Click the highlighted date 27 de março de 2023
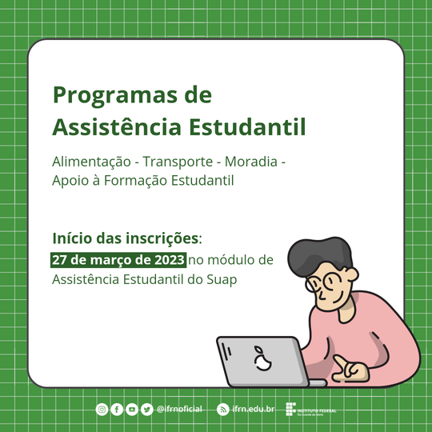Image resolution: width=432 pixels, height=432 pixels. [118, 260]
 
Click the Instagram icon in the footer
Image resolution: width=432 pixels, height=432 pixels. [102, 410]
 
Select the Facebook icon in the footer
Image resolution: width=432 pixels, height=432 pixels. [117, 410]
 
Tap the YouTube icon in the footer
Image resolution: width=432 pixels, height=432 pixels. [132, 410]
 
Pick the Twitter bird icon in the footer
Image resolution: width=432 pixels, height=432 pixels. [147, 410]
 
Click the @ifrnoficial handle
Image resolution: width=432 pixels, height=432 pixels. [179, 410]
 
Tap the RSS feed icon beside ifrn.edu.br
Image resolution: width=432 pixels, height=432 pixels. [223, 410]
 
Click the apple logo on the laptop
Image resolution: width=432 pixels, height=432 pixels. [260, 360]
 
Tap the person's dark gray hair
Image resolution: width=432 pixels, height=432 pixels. [313, 254]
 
